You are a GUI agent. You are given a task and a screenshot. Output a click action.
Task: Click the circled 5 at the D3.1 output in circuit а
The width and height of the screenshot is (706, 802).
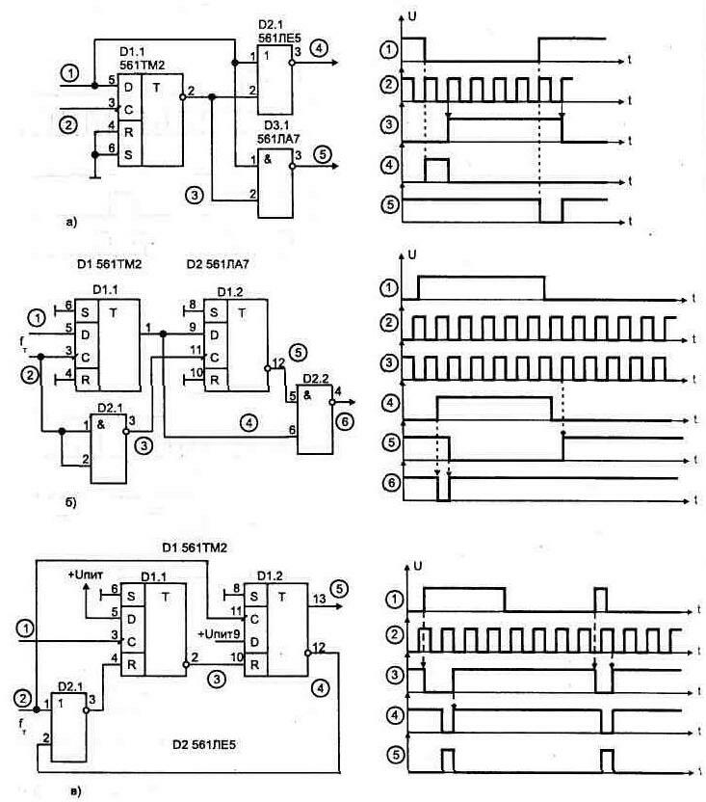tap(319, 151)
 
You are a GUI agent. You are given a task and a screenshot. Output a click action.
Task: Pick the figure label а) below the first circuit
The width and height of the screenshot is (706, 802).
tap(70, 224)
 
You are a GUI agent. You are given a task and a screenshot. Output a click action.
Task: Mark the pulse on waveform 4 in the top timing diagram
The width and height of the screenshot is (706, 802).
tap(436, 170)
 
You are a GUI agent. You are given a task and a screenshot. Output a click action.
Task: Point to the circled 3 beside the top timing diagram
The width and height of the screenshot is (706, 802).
tap(389, 123)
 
